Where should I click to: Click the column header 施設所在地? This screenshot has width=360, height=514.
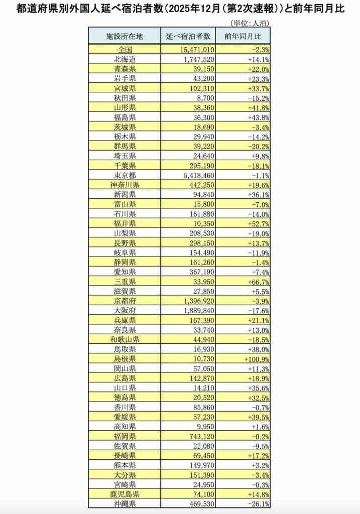(x=125, y=36)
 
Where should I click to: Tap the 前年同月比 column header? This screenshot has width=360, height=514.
(x=243, y=36)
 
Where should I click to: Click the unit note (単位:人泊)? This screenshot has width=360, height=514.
(x=249, y=23)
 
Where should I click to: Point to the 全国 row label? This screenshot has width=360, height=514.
(x=125, y=49)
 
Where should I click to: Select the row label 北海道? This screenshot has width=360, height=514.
(x=125, y=59)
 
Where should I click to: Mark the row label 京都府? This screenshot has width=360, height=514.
(x=125, y=301)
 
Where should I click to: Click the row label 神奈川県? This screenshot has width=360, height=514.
(x=125, y=185)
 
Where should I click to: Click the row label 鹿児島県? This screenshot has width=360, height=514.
(x=125, y=493)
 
